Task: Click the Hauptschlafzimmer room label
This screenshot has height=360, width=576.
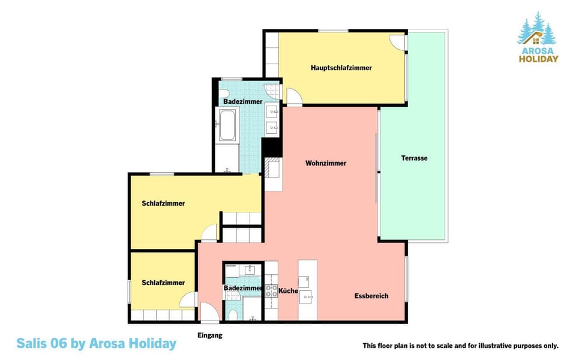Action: coord(341,68)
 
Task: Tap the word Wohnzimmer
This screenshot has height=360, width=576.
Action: coord(326,163)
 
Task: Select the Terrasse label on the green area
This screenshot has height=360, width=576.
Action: coord(415,158)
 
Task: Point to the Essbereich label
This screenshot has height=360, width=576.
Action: coord(371,296)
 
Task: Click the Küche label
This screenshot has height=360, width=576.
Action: coord(288,290)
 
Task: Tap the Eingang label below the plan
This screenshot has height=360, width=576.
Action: coord(210,335)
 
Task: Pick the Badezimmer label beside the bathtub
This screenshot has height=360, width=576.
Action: coord(243,101)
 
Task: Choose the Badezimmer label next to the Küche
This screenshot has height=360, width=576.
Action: coord(243,288)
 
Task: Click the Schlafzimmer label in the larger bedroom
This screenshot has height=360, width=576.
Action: coord(163,203)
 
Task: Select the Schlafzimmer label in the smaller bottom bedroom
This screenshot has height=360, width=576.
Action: coord(163,283)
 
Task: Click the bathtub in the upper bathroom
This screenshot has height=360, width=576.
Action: coord(227,125)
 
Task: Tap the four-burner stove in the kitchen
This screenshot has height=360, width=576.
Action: coord(271,291)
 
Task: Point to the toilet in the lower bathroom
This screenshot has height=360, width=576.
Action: coord(233,315)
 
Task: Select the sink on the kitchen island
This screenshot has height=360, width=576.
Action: coord(305,296)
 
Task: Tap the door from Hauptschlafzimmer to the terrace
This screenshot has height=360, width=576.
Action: coord(398,42)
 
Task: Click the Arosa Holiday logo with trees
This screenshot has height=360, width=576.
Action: coord(538,37)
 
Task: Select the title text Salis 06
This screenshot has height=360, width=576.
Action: coord(42,343)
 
